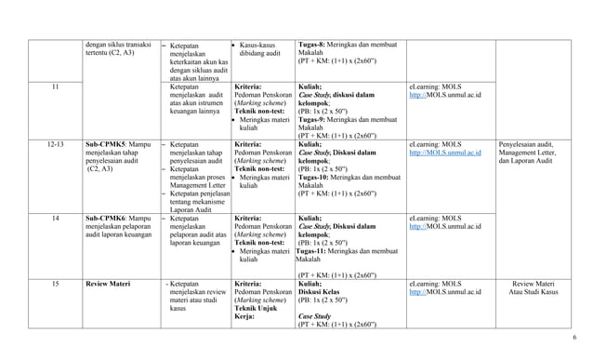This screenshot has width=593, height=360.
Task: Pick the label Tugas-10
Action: (x=316, y=177)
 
